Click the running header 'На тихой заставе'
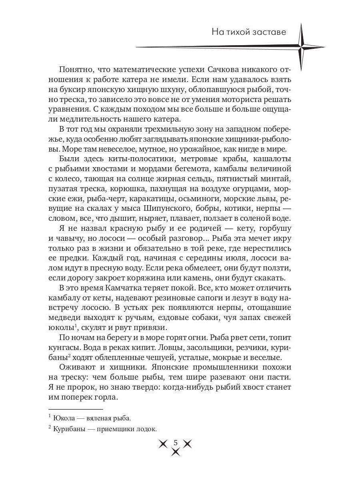[x=248, y=32]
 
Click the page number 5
[x=175, y=442]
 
